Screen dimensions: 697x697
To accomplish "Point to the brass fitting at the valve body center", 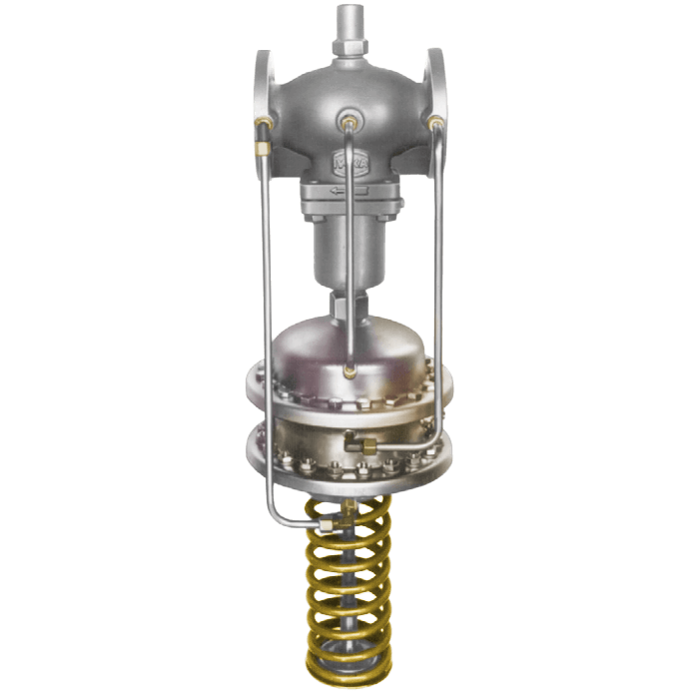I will (x=348, y=122).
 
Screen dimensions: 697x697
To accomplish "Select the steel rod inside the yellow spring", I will (x=348, y=599).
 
